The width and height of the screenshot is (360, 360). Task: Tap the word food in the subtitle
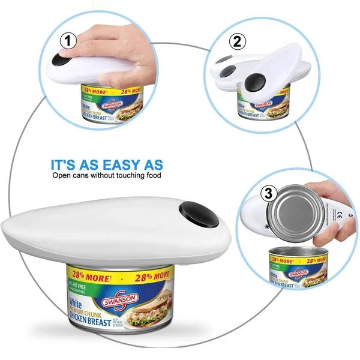[153, 176]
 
